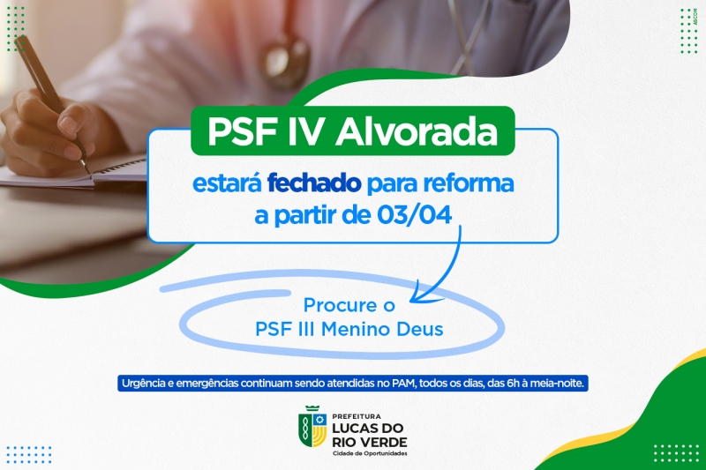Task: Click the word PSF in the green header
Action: pyautogui.click(x=242, y=131)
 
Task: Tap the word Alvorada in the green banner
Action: pyautogui.click(x=417, y=131)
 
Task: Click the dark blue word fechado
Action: pyautogui.click(x=314, y=183)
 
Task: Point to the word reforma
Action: pyautogui.click(x=469, y=183)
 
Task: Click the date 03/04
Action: pyautogui.click(x=414, y=215)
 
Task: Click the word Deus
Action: pyautogui.click(x=420, y=329)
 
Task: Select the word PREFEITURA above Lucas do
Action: pyautogui.click(x=357, y=416)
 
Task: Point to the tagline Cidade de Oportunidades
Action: pyautogui.click(x=370, y=453)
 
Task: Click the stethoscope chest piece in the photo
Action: pyautogui.click(x=288, y=61)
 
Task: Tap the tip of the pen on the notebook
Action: pyautogui.click(x=87, y=171)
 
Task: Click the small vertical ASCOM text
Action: pyautogui.click(x=695, y=17)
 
